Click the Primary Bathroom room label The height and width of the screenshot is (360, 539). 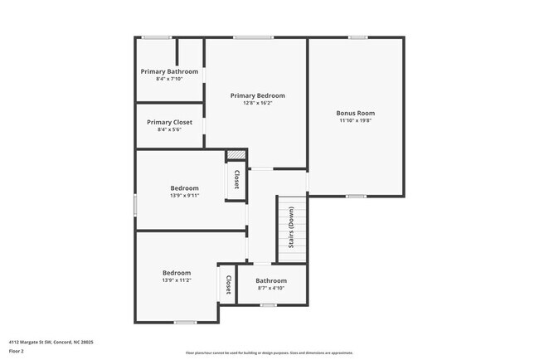click(169, 71)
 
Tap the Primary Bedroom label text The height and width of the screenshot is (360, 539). click(257, 95)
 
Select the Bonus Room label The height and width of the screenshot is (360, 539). click(355, 113)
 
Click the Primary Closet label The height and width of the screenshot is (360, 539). click(169, 122)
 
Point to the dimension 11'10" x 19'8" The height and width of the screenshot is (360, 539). click(355, 120)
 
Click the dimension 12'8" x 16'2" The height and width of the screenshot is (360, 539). click(257, 103)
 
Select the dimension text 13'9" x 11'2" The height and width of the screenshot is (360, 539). click(176, 280)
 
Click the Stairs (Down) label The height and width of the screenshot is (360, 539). click(291, 227)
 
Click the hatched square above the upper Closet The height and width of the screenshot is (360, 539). click(236, 155)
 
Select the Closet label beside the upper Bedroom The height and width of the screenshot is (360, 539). click(236, 179)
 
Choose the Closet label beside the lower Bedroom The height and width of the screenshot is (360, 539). click(227, 285)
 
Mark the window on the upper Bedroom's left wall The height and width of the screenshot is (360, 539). click(136, 205)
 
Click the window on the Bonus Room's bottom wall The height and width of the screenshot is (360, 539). click(356, 196)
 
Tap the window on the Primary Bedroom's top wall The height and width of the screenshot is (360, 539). click(253, 37)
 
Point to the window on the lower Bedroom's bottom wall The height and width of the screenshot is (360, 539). click(185, 322)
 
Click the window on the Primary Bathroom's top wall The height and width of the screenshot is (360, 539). click(156, 37)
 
